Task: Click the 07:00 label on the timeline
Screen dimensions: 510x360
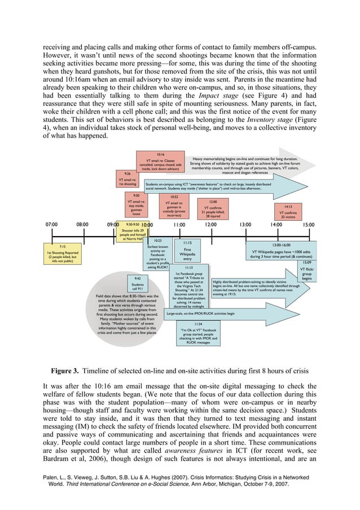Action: (x=51, y=224)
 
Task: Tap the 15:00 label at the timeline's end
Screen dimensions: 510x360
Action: (x=308, y=224)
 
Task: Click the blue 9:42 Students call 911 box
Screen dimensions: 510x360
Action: (x=137, y=282)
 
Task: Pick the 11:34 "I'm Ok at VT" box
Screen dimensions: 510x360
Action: (x=197, y=333)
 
